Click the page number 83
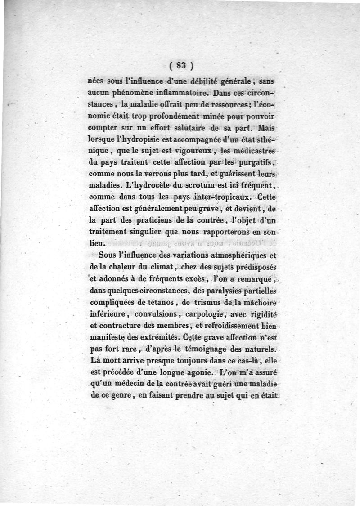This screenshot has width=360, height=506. pyautogui.click(x=181, y=65)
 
